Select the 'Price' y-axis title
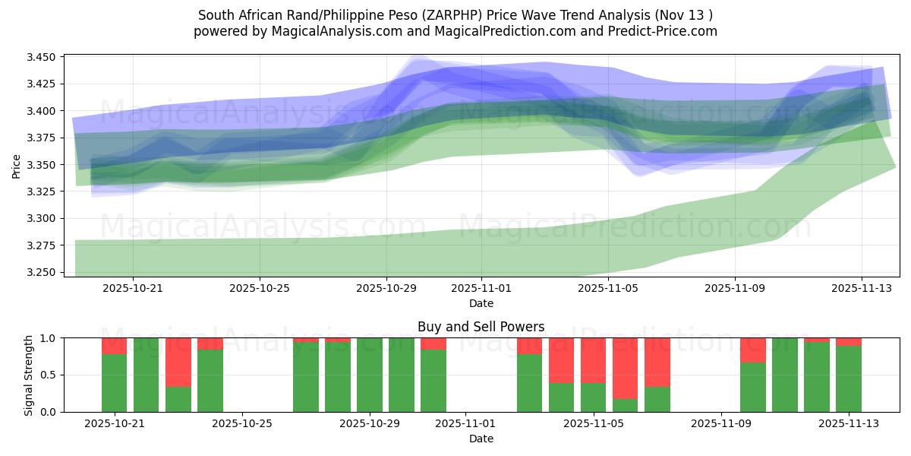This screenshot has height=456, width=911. point(17,165)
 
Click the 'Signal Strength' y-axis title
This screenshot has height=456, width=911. point(28,375)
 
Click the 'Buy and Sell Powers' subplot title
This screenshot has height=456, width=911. point(481,327)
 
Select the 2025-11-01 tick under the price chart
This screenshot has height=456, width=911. point(481,289)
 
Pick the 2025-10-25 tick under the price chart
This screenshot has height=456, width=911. point(260,289)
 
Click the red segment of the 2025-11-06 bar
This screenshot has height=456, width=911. point(626,368)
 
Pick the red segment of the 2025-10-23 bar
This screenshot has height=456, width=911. point(178,362)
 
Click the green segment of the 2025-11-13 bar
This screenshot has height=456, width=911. point(849,378)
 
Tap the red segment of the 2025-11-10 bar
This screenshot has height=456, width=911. point(753,350)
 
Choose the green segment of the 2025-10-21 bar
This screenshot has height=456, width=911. point(114,382)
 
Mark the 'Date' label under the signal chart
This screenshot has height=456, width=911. point(481,439)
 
